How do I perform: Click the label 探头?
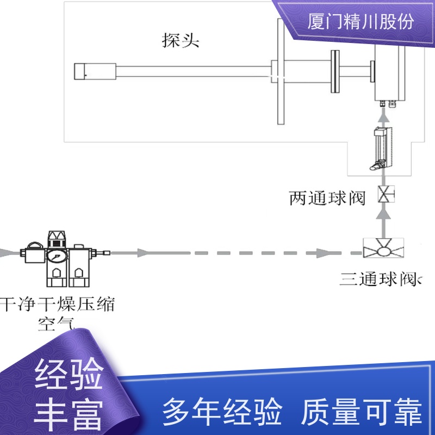coord(181,40)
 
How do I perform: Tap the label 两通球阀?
coord(327,198)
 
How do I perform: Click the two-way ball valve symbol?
coord(386,194)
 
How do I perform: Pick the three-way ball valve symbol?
coord(383,248)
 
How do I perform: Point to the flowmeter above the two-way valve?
coord(381,148)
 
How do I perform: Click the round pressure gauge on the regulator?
coord(57,256)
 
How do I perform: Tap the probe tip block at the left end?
coord(95,72)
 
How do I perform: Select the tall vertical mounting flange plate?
coord(281,72)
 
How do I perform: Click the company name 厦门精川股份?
coord(361,21)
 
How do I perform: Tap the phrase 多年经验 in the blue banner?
coord(222,412)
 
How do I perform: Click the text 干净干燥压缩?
coord(58,304)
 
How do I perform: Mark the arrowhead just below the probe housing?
coord(383,114)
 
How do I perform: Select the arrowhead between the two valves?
coord(383,214)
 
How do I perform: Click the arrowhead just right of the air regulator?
coord(143,253)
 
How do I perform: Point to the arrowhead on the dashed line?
coord(322,253)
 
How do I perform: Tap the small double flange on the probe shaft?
coord(335,71)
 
